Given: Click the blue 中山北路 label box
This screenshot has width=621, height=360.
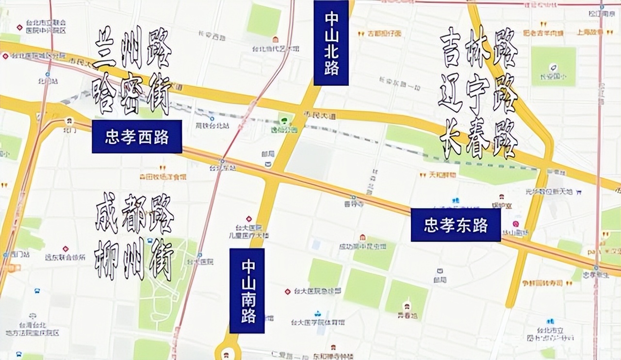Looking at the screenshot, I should (x=331, y=43).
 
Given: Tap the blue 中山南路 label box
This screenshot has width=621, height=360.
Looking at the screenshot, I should (x=247, y=291).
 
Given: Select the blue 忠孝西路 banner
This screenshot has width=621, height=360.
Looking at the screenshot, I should (x=137, y=137).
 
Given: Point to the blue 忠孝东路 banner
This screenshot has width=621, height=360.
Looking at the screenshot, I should (x=456, y=225).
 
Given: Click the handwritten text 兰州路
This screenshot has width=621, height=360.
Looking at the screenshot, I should (x=132, y=48).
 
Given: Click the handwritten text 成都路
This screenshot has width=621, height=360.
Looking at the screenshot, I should (x=134, y=213).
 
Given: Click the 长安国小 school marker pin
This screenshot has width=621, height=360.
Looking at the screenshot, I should (x=553, y=67).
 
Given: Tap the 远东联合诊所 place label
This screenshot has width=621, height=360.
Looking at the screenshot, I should (x=65, y=257).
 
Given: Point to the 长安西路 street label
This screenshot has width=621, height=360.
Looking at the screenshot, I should (x=212, y=35).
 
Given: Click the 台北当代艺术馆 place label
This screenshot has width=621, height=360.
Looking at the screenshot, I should (x=275, y=49).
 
